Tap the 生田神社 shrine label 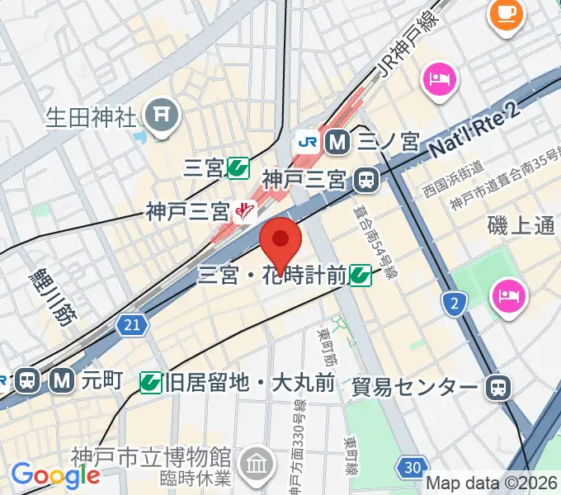(90, 115)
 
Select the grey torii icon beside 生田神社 (162, 115)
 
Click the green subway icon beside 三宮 (238, 169)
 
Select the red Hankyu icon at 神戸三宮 (243, 213)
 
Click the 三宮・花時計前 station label (271, 276)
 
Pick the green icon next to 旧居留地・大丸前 (151, 381)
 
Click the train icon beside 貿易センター (497, 385)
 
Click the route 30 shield (412, 469)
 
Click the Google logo (55, 475)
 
